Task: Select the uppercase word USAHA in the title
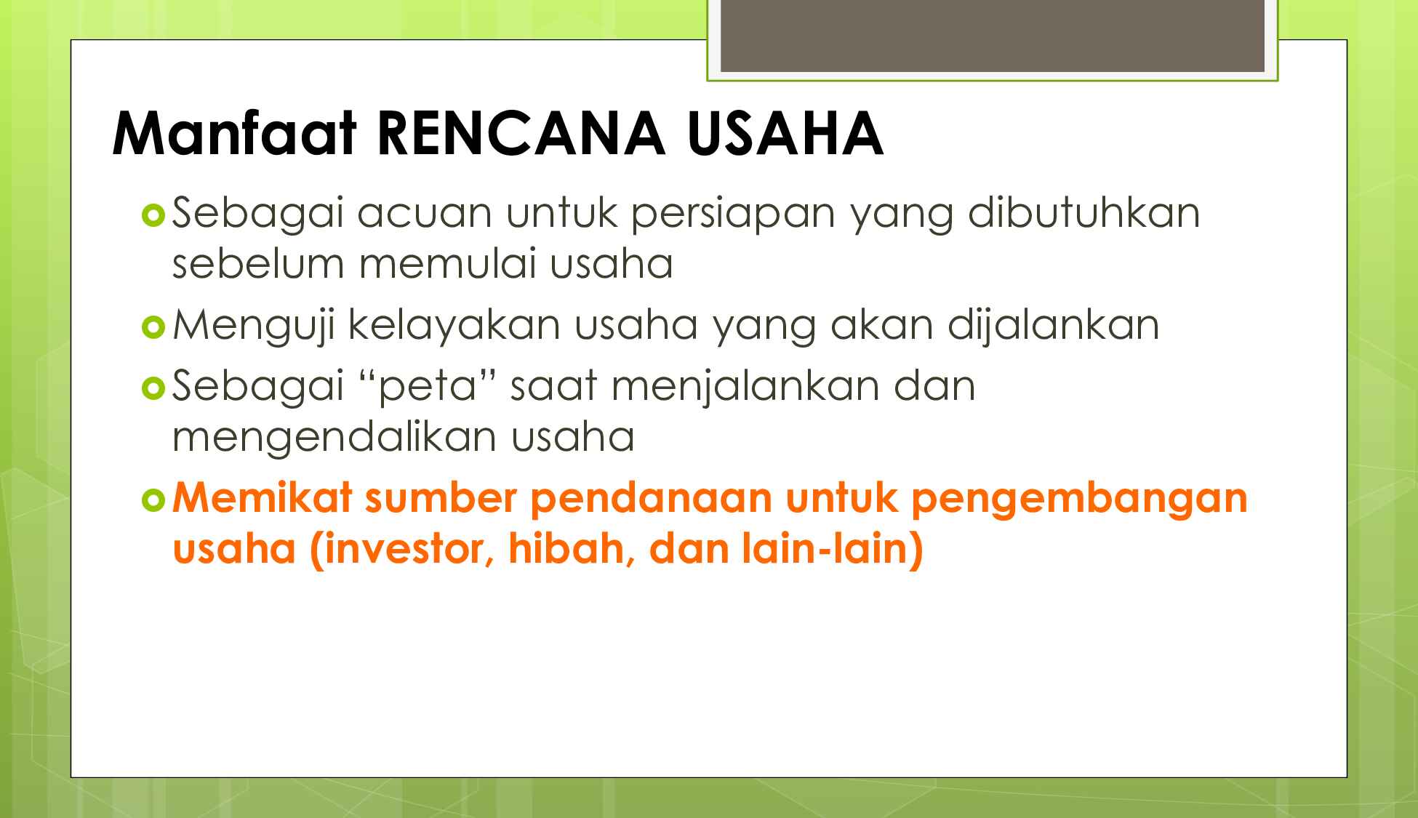[785, 135]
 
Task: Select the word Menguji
[253, 326]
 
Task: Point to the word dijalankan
[1052, 326]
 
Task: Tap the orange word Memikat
[263, 497]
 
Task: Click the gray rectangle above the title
[992, 36]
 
